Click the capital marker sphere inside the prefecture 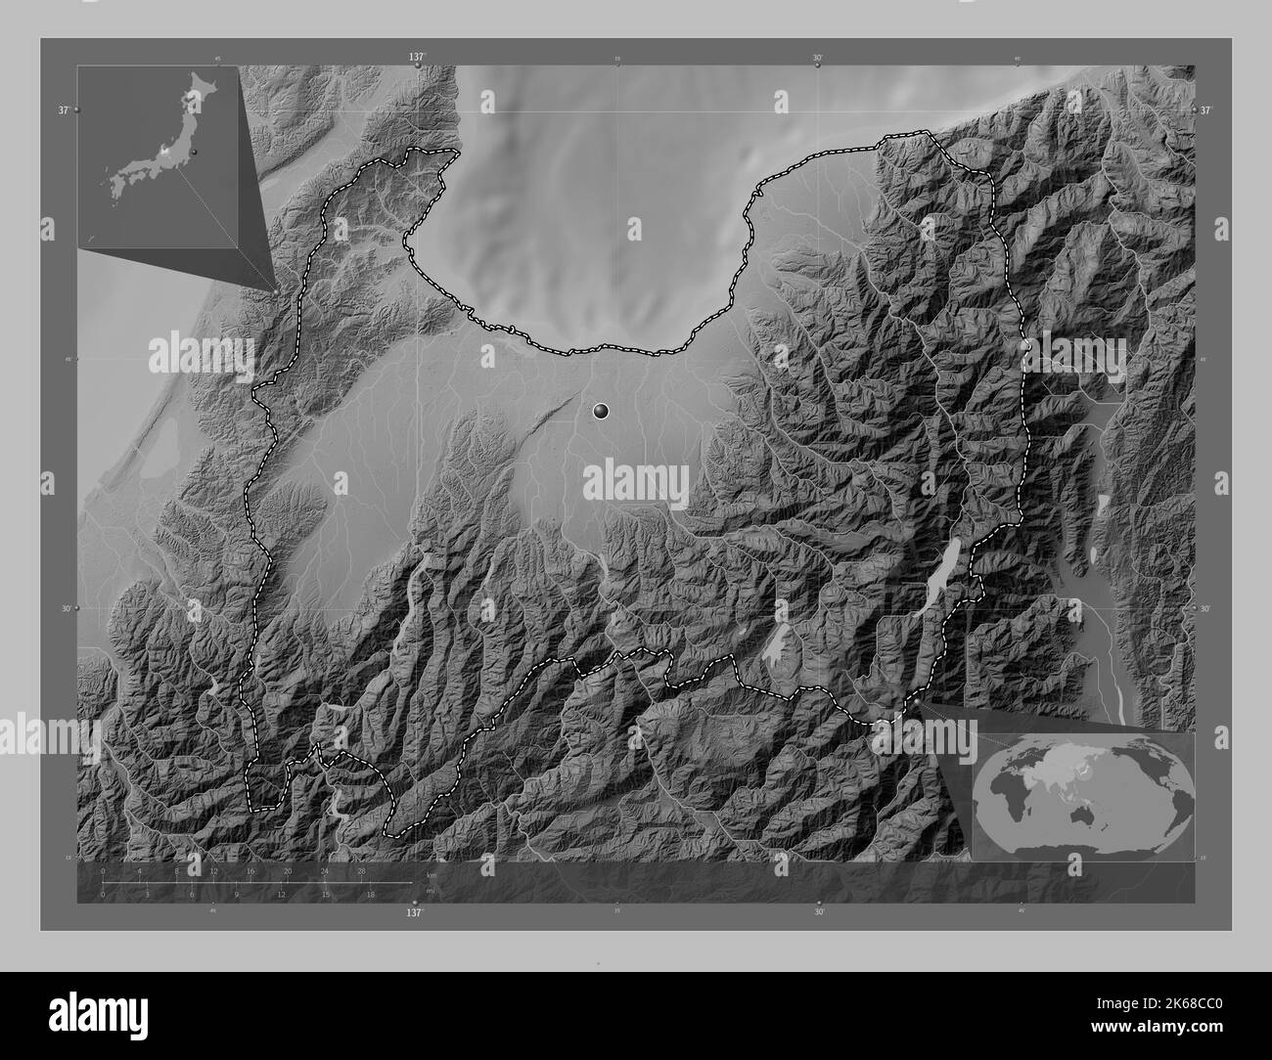tap(602, 413)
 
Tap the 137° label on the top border tap(417, 58)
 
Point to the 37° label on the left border tap(62, 110)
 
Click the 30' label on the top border tap(817, 58)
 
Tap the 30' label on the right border tap(1205, 607)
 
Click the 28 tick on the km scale tap(361, 869)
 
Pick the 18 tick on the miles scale tap(371, 894)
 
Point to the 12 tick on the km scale tap(213, 869)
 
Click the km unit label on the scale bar tap(432, 874)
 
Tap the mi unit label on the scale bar tap(431, 889)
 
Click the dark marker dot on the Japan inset tap(195, 153)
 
